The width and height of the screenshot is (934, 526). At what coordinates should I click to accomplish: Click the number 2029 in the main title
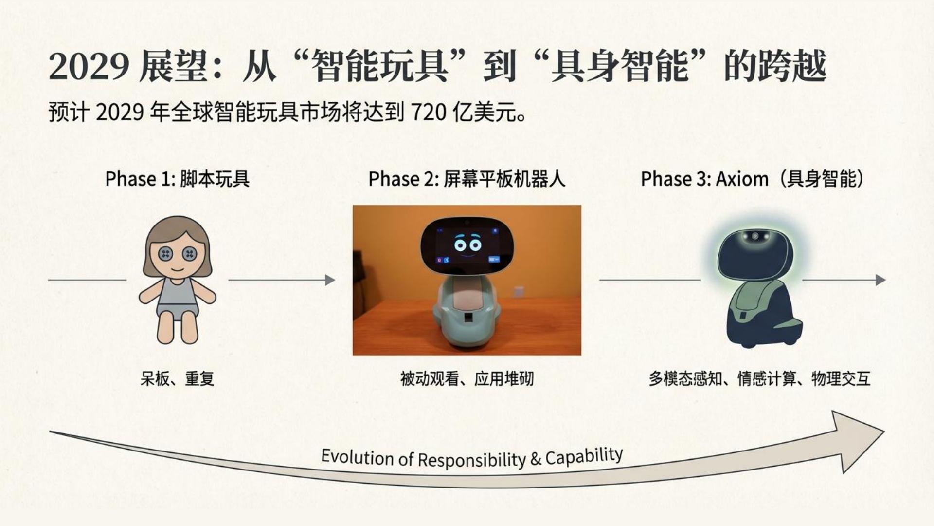click(89, 67)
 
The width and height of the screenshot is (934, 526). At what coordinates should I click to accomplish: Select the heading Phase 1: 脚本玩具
click(178, 179)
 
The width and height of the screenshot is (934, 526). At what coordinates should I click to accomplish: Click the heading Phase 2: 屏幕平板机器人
click(467, 179)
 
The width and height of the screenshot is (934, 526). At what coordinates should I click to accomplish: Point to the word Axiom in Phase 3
click(742, 179)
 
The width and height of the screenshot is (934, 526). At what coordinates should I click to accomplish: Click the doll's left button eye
click(166, 254)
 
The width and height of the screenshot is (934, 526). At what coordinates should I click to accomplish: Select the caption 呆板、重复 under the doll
click(178, 378)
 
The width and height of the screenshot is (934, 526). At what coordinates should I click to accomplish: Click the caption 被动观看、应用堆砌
click(467, 378)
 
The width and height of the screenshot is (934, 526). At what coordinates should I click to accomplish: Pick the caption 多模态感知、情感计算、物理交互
click(759, 378)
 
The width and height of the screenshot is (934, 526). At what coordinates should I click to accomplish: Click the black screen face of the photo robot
click(467, 245)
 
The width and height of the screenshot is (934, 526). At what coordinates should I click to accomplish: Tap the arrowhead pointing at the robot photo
click(330, 280)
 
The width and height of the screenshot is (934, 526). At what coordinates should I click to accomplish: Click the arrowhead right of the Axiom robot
click(880, 280)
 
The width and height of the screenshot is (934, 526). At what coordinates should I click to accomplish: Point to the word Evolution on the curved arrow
click(356, 457)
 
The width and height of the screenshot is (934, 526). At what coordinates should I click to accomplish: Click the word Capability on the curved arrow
click(584, 457)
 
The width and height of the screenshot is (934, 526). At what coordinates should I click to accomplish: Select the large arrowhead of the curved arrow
click(856, 438)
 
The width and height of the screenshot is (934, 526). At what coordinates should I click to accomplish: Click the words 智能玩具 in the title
click(379, 67)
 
